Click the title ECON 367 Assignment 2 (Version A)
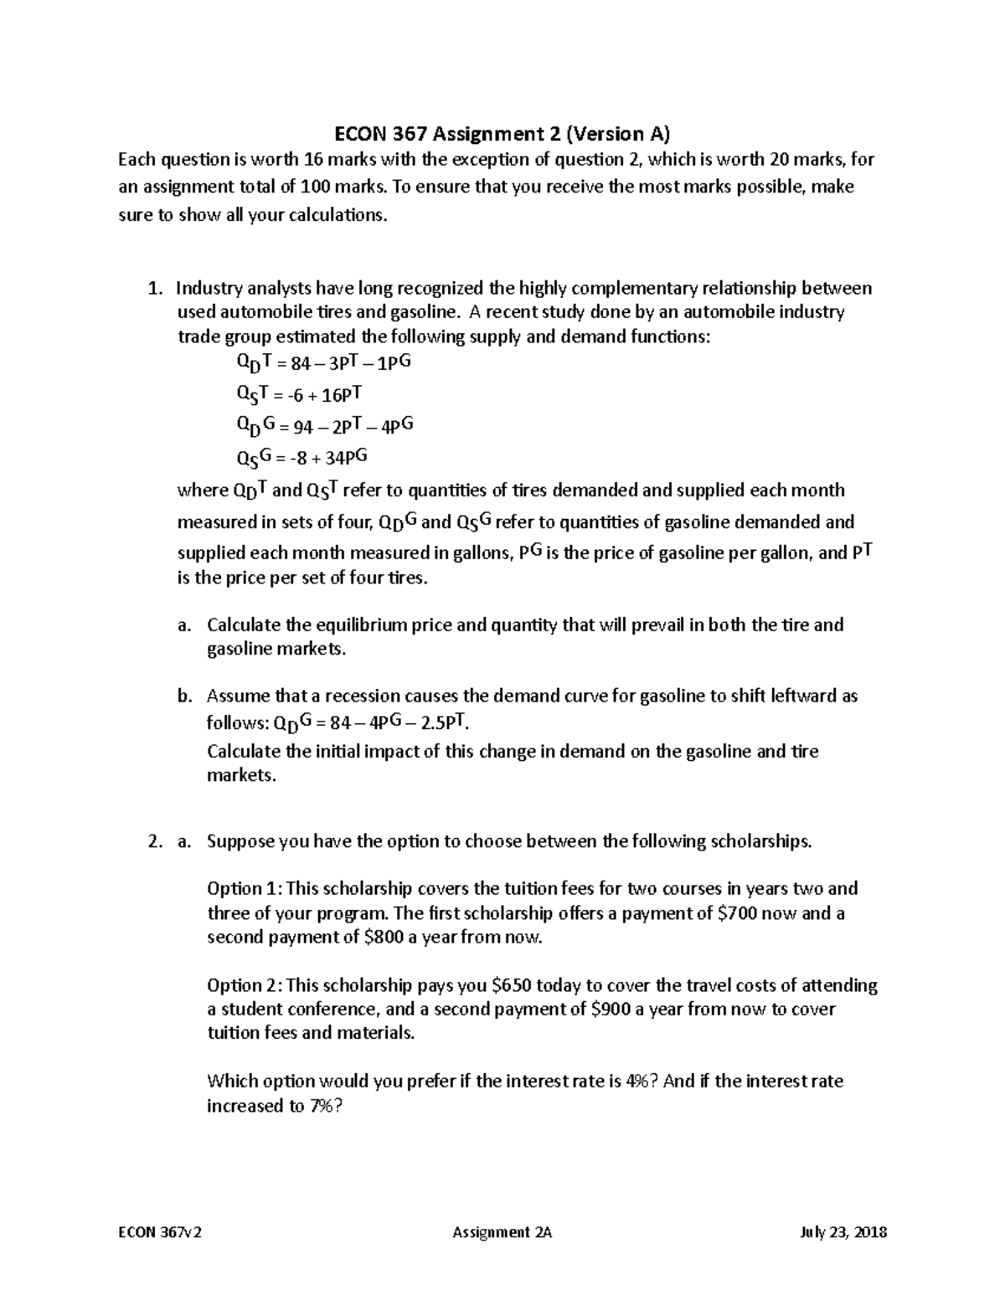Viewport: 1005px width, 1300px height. tap(502, 134)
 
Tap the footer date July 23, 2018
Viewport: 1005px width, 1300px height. tap(844, 1232)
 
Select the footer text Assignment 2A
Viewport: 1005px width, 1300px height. tap(502, 1232)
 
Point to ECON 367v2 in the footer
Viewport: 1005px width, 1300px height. tap(160, 1232)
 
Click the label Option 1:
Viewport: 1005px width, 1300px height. tap(244, 889)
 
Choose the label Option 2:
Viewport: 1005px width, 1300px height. tap(244, 985)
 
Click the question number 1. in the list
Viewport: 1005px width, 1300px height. tap(154, 289)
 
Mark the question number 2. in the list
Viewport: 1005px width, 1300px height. tap(154, 842)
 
